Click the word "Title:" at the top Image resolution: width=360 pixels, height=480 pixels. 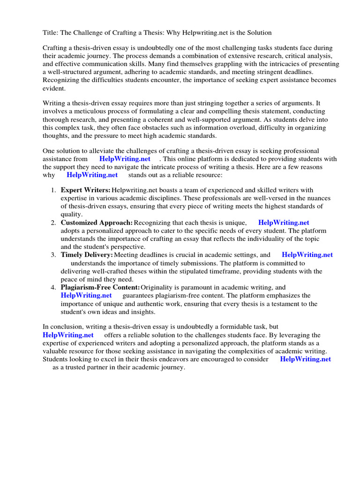pos(51,32)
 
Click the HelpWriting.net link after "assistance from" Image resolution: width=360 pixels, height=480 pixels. pos(125,159)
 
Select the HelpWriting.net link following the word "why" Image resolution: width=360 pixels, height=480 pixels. pos(92,175)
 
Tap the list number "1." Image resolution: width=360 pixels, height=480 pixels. pos(53,190)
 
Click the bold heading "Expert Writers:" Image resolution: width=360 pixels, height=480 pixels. pos(85,190)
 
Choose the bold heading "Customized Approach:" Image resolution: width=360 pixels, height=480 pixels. pos(97,223)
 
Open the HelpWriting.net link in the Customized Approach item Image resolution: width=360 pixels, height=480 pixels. pos(284,223)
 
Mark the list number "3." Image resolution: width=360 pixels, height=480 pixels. pos(53,255)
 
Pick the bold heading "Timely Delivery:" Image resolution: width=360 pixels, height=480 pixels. pos(87,255)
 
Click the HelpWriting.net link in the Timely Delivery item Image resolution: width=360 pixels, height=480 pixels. pos(307,255)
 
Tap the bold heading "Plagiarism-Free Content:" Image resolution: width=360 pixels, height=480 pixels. pos(100,287)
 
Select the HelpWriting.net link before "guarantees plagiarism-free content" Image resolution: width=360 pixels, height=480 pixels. pos(86,295)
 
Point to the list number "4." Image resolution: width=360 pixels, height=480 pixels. pos(53,287)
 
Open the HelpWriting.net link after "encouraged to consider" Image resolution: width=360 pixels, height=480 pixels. pos(305,359)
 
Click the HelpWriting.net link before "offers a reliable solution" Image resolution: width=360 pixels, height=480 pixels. pos(68,335)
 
